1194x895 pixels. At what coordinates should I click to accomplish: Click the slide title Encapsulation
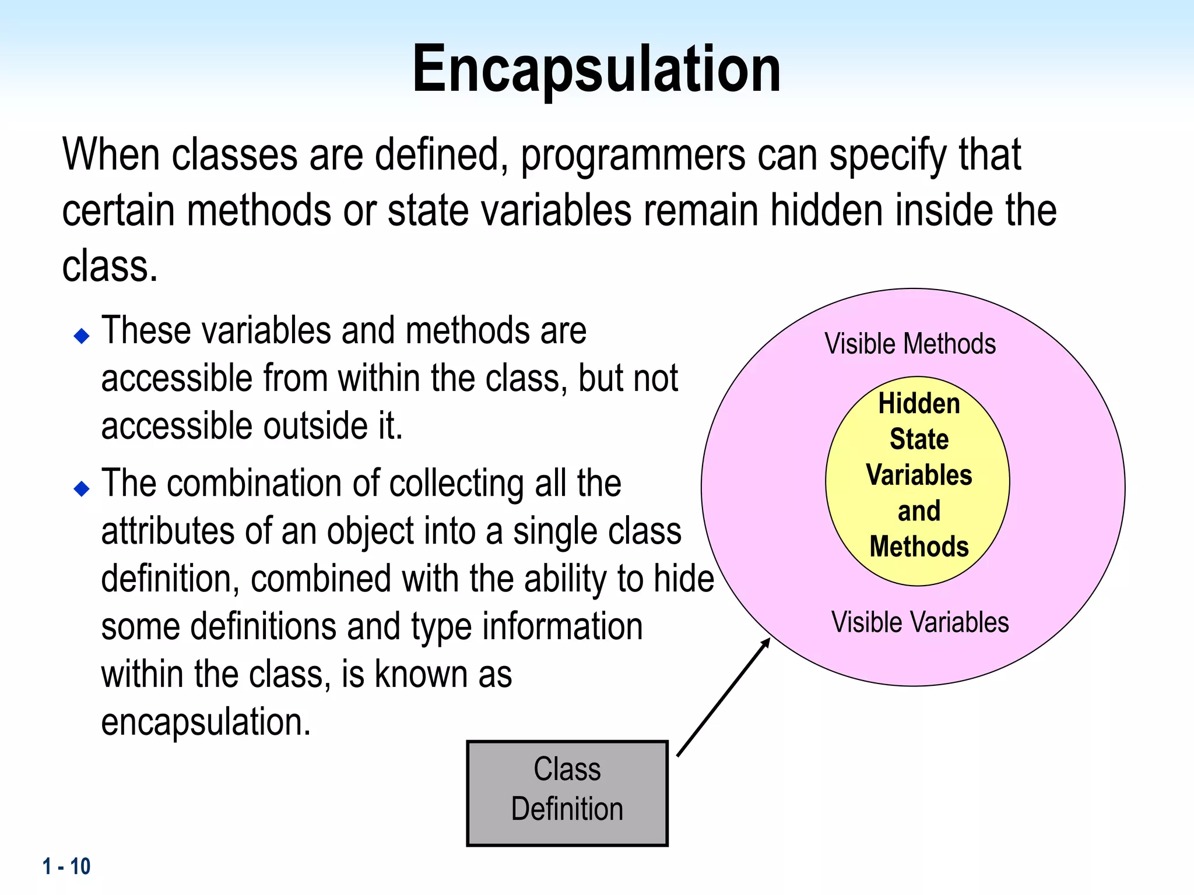click(596, 70)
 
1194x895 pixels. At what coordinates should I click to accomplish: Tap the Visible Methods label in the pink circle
click(909, 344)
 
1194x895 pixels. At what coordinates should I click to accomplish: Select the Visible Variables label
click(919, 622)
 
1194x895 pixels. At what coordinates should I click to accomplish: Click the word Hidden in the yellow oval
click(919, 404)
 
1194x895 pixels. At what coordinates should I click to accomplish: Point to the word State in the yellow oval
click(919, 439)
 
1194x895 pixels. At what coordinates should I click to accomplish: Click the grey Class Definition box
click(567, 792)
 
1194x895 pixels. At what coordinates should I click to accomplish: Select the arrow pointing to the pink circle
click(724, 697)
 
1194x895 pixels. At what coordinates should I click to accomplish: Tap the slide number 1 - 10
click(66, 866)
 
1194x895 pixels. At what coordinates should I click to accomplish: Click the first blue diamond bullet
click(82, 336)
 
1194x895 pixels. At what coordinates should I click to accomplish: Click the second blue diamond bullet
click(82, 488)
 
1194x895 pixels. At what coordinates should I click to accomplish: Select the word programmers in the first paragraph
click(633, 156)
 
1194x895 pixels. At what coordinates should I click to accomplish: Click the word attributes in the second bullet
click(168, 531)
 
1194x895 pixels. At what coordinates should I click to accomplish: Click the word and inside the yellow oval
click(919, 511)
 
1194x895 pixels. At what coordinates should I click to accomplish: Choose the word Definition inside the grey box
click(567, 809)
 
